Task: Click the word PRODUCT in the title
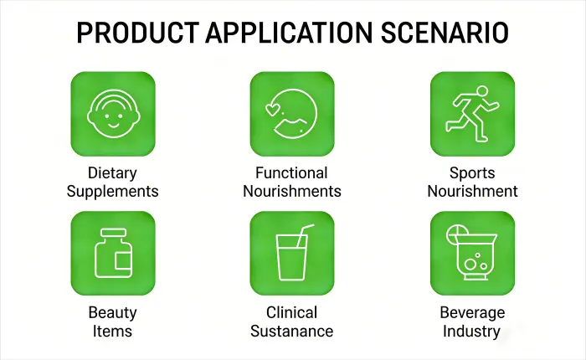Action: [x=134, y=33]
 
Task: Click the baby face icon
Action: [x=113, y=114]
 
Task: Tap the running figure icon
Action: [x=472, y=114]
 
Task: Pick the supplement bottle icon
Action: [x=113, y=253]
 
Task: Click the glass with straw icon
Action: [x=292, y=253]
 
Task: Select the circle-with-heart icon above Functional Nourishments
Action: [x=292, y=114]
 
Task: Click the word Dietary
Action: [x=113, y=173]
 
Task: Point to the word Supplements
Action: [x=113, y=191]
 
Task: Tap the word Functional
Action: [x=292, y=173]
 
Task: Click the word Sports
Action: [x=472, y=173]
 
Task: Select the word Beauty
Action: [x=112, y=313]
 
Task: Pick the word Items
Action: [x=112, y=331]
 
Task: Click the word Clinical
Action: [x=292, y=313]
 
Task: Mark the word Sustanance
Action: [x=292, y=331]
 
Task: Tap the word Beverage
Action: [x=472, y=313]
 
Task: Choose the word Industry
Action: [x=472, y=331]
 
